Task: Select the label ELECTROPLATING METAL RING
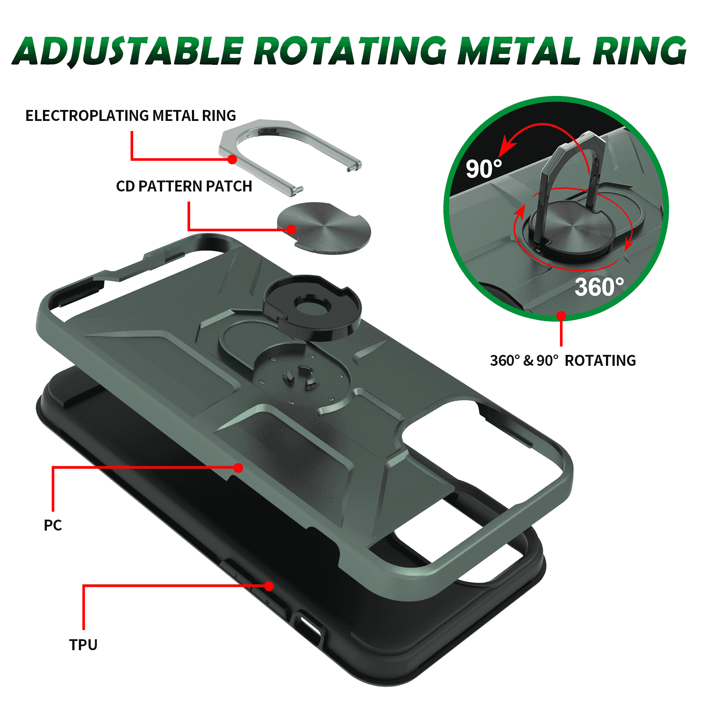[x=131, y=116]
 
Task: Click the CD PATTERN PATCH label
[x=184, y=186]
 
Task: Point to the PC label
[x=53, y=525]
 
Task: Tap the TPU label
[x=83, y=645]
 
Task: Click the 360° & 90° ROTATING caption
[x=563, y=361]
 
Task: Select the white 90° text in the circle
[x=483, y=169]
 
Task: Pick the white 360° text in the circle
[x=599, y=287]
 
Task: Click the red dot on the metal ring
[x=233, y=159]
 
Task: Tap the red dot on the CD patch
[x=292, y=230]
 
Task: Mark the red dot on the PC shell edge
[x=238, y=468]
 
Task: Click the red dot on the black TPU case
[x=269, y=586]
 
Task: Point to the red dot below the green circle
[x=561, y=315]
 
